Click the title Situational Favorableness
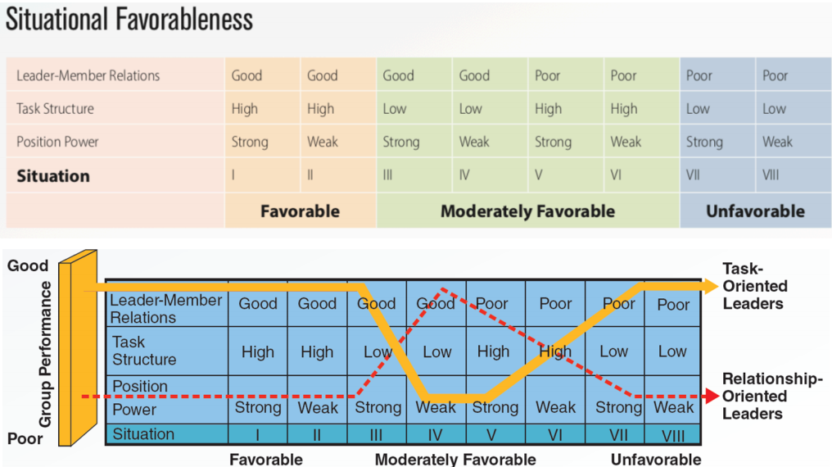pyautogui.click(x=129, y=20)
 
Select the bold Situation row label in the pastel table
pyautogui.click(x=53, y=176)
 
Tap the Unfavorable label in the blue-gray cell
pyautogui.click(x=755, y=211)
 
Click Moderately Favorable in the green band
pyautogui.click(x=527, y=211)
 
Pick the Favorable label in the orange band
pyautogui.click(x=300, y=211)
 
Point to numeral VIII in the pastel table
pyautogui.click(x=771, y=175)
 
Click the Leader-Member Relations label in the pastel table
pyautogui.click(x=88, y=76)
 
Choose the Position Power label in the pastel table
pyautogui.click(x=57, y=142)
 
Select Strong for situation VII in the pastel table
pyautogui.click(x=704, y=143)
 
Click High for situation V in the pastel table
pyautogui.click(x=548, y=109)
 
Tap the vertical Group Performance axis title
pyautogui.click(x=45, y=354)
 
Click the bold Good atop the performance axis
pyautogui.click(x=28, y=265)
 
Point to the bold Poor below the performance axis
pyautogui.click(x=25, y=439)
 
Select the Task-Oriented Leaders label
pyautogui.click(x=755, y=286)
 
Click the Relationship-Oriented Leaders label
pyautogui.click(x=772, y=396)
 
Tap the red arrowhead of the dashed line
pyautogui.click(x=712, y=397)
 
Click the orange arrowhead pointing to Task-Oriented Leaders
pyautogui.click(x=711, y=286)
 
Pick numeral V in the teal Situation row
pyautogui.click(x=491, y=435)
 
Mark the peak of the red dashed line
pyautogui.click(x=442, y=289)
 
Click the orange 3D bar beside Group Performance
pyautogui.click(x=78, y=347)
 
